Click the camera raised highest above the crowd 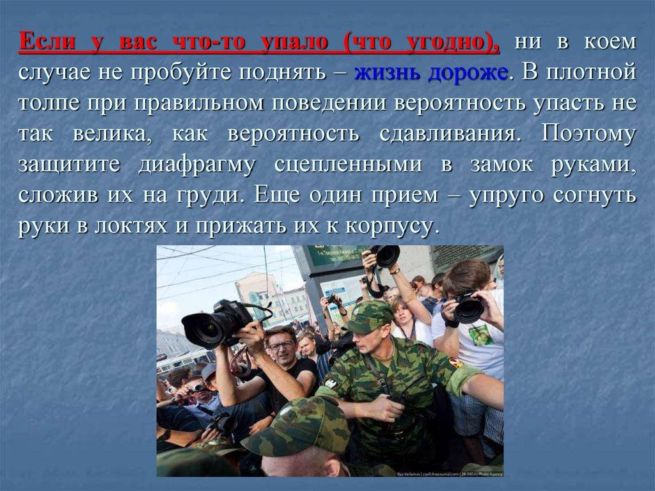point(386,255)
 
